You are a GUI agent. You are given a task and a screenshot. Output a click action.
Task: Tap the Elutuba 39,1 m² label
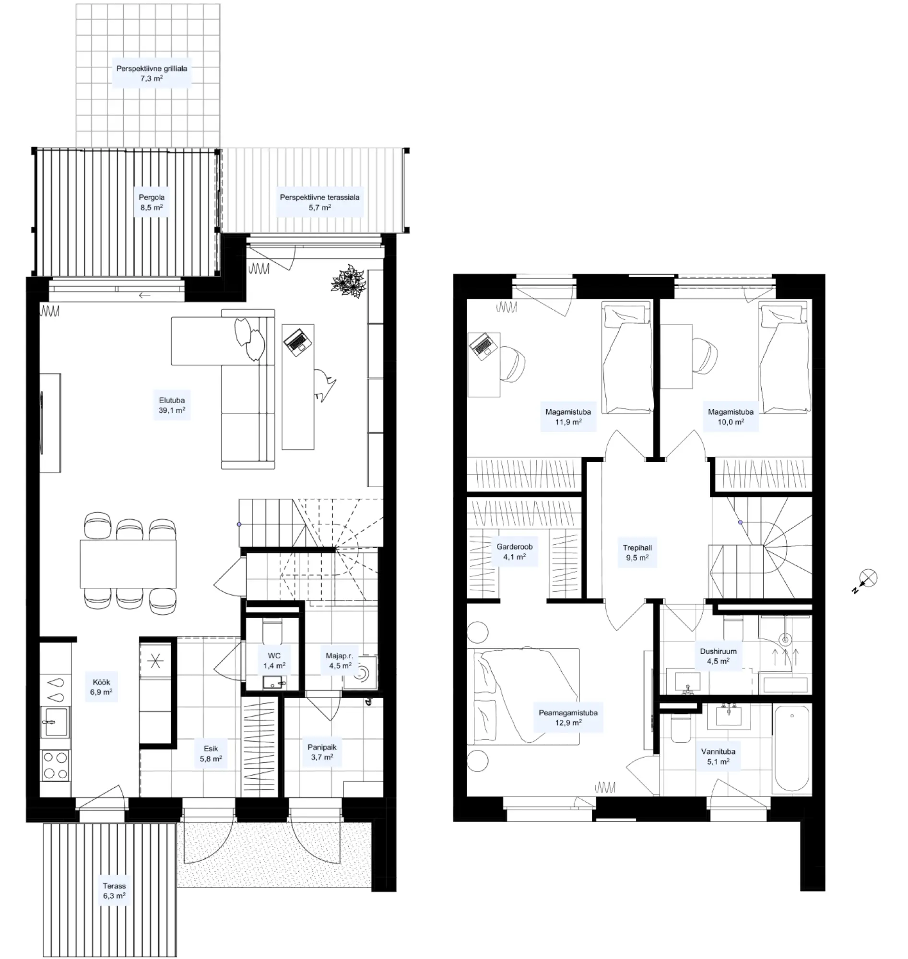(x=172, y=405)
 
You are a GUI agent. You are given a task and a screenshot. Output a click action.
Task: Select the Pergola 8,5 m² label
(x=152, y=202)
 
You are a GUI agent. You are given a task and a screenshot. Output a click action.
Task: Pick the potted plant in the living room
(x=349, y=281)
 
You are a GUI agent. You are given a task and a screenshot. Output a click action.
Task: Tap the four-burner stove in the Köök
(x=55, y=765)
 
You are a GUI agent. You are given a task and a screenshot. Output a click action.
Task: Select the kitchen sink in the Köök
(x=55, y=722)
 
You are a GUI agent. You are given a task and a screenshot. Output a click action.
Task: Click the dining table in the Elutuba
(x=128, y=564)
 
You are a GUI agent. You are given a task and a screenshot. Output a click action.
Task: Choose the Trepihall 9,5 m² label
(x=637, y=552)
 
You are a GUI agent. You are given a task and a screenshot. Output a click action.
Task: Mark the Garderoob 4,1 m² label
(x=514, y=551)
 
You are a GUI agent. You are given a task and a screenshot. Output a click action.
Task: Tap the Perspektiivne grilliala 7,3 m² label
(x=152, y=73)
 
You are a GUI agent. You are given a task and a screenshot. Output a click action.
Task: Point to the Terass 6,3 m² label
(x=114, y=891)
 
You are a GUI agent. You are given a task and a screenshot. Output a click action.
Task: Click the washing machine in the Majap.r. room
(x=360, y=672)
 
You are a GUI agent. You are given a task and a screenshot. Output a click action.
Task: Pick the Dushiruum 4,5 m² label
(x=718, y=656)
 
